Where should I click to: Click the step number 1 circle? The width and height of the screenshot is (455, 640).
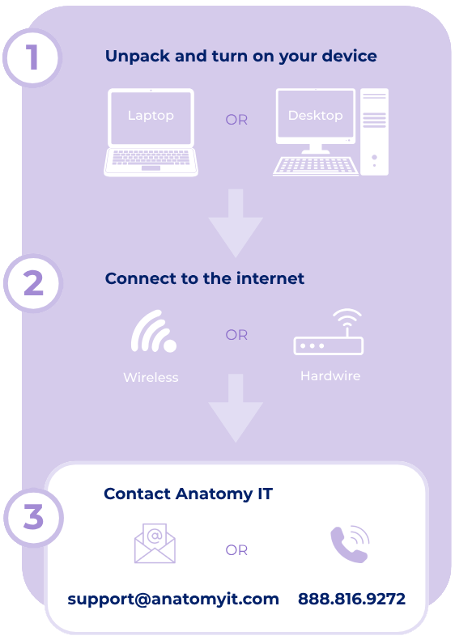32,57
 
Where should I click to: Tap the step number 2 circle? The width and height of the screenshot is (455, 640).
33,283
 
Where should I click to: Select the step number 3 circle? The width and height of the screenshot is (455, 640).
33,517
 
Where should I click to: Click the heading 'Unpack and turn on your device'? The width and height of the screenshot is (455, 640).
240,57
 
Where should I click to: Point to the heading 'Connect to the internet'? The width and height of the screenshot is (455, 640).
204,278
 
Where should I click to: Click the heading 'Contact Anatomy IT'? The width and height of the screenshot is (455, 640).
188,494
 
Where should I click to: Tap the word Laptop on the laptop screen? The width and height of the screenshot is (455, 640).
151,116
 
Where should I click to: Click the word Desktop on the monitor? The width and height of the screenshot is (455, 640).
315,116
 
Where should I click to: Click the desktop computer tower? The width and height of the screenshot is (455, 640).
374,132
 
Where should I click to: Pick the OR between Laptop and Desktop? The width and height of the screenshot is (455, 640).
236,120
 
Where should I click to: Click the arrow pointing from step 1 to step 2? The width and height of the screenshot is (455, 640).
236,223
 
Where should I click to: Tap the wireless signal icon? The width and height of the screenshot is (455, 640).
154,331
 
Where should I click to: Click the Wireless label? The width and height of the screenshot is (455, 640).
151,377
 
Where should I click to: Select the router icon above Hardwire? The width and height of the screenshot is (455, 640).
329,332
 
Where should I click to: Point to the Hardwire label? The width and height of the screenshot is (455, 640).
330,376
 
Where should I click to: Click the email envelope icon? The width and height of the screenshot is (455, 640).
155,543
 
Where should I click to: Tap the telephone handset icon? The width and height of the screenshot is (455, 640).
350,544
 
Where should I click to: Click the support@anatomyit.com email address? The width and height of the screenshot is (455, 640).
173,600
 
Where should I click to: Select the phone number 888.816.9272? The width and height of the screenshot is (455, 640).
351,599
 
